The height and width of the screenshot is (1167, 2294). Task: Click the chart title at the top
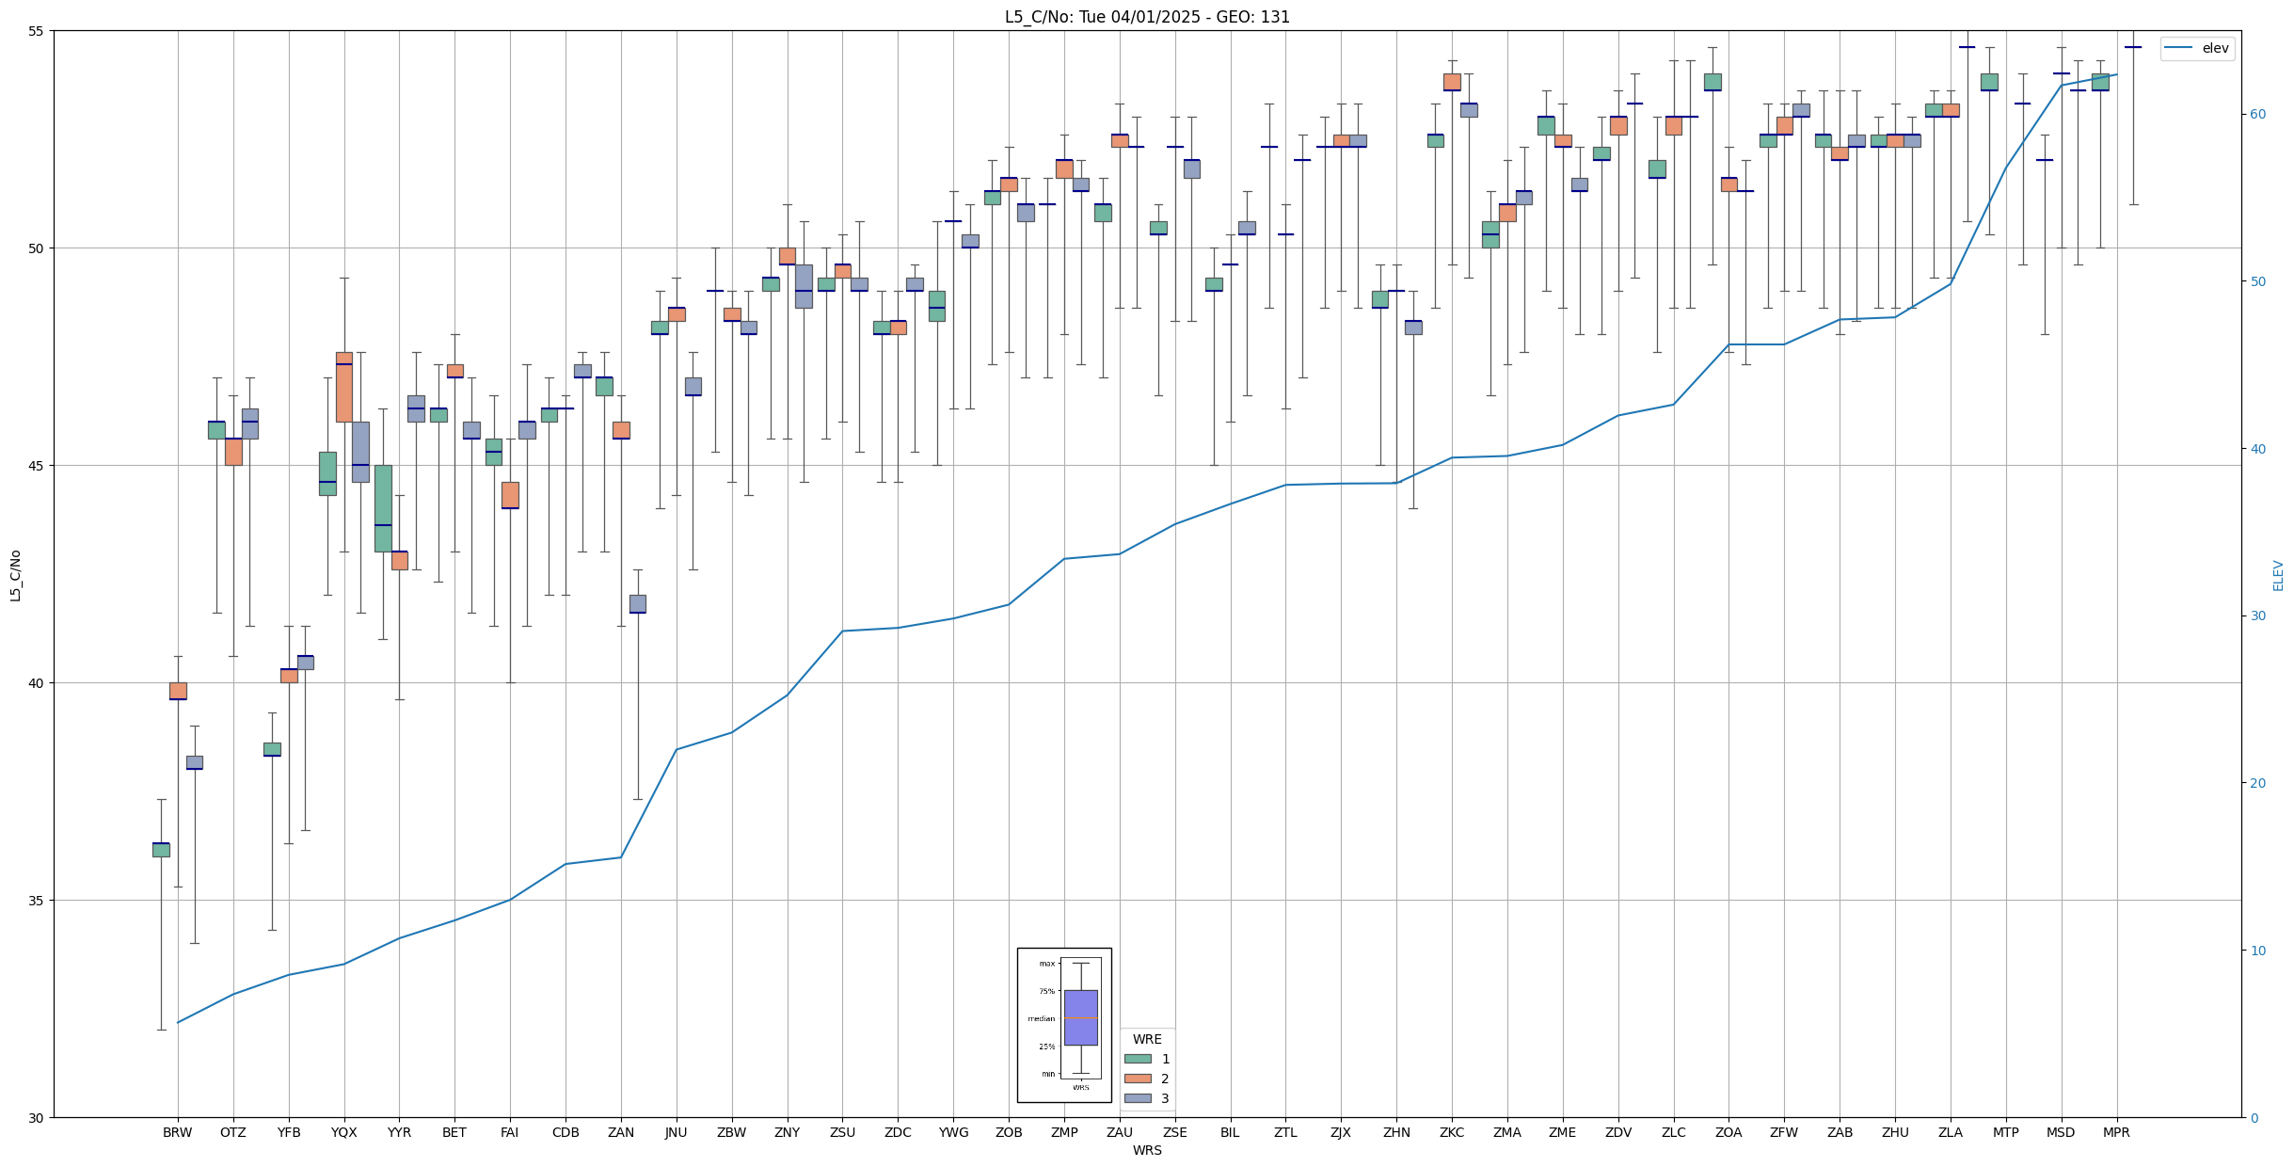tap(1147, 17)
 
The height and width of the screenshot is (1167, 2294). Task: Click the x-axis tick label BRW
tap(177, 1132)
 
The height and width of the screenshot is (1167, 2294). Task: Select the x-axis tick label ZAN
tap(621, 1132)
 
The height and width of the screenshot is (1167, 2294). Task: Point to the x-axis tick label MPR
tap(2116, 1132)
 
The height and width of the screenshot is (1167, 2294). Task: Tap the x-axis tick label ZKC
tap(1452, 1132)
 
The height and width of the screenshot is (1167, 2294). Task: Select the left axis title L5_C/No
tap(15, 575)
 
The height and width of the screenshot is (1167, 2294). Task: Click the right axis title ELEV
tap(2278, 575)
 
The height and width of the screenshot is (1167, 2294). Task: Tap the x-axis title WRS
tap(1147, 1150)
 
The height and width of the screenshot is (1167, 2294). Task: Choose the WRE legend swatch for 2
tap(1138, 1079)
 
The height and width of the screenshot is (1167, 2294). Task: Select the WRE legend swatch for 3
tap(1138, 1098)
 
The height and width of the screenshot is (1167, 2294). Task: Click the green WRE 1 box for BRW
tap(161, 850)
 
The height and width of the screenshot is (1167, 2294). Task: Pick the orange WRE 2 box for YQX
tap(344, 387)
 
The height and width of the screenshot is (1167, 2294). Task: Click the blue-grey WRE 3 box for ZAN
tap(638, 604)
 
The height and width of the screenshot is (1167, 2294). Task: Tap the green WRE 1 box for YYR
tap(383, 508)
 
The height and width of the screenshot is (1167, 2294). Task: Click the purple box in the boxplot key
tap(1080, 1017)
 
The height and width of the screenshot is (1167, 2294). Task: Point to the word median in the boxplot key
tap(1041, 1018)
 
